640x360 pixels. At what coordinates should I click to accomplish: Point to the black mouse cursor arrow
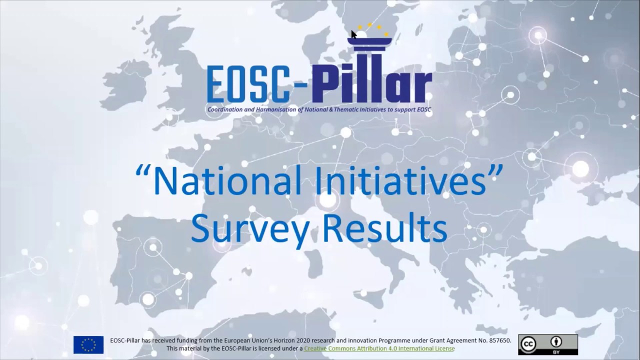[353, 34]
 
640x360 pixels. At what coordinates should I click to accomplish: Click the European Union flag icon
[88, 344]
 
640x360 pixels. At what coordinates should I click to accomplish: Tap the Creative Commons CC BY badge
[547, 344]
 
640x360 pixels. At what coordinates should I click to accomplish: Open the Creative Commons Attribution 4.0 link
[379, 348]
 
